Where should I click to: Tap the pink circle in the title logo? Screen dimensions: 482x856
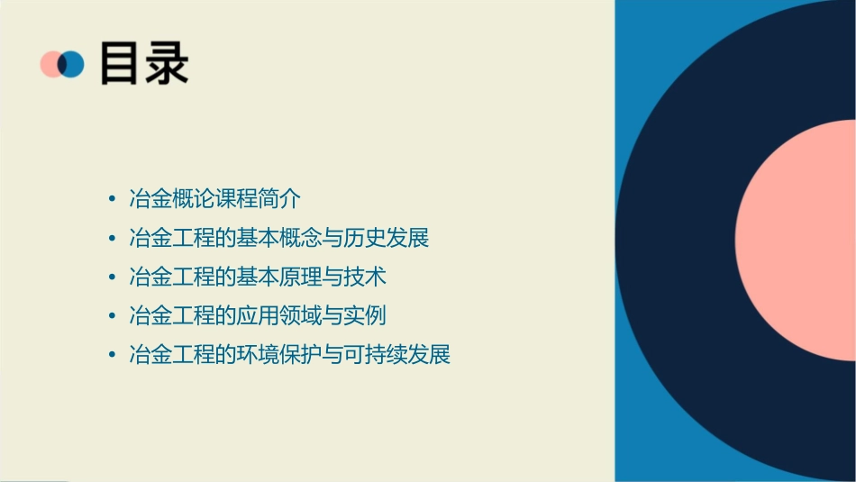click(x=50, y=64)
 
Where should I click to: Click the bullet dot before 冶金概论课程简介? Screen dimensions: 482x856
click(x=111, y=199)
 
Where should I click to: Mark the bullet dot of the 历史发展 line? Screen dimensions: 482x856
click(x=111, y=239)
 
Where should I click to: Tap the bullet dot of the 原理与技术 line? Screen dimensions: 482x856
click(x=111, y=277)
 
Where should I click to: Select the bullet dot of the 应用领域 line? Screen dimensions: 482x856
click(x=111, y=316)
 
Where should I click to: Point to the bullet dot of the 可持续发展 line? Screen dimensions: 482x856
click(x=111, y=355)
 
